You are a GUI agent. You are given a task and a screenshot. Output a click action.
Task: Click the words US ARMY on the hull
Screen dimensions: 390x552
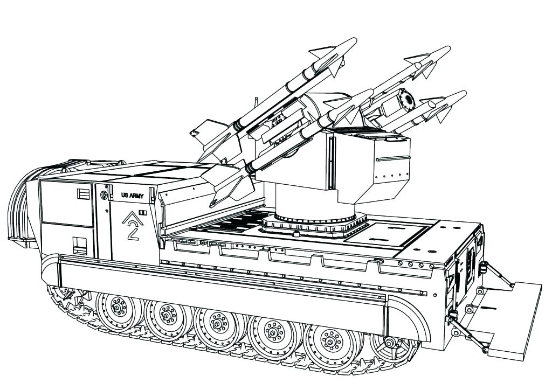pos(133,196)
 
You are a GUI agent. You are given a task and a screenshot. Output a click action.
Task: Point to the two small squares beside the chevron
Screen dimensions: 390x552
pos(142,213)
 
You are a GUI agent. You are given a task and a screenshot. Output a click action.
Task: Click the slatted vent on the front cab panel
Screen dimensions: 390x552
pos(83,194)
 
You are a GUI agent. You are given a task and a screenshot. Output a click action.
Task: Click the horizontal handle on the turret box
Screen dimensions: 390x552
pos(392,158)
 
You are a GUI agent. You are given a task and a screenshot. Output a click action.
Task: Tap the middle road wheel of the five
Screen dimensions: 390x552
pos(219,324)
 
